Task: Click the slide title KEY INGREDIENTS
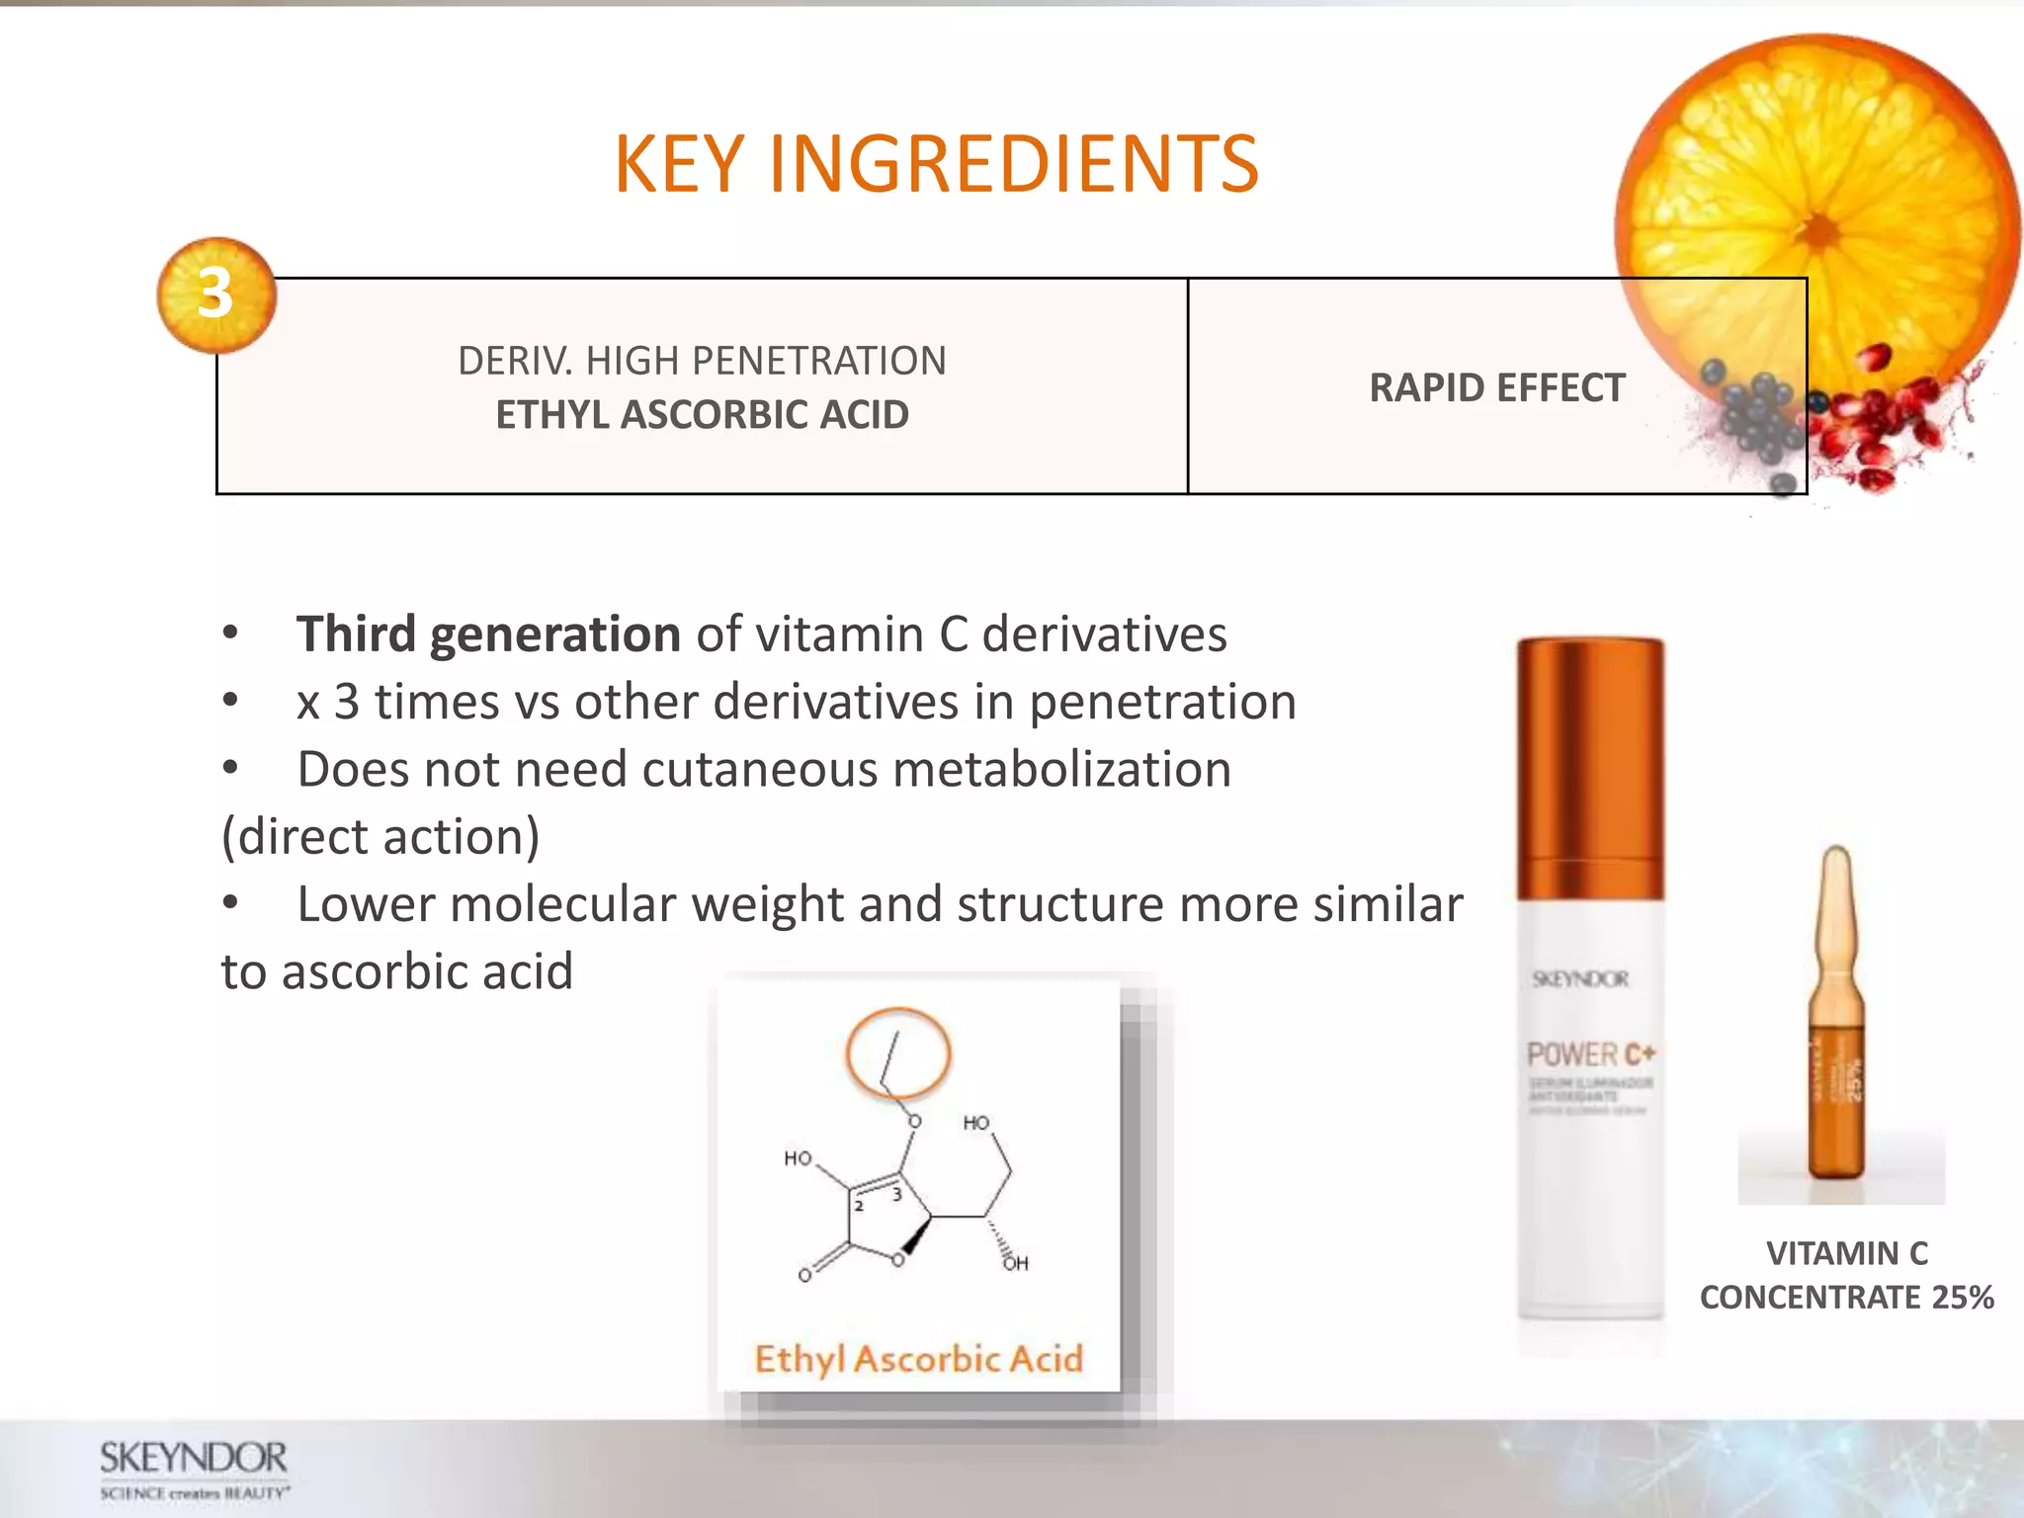[936, 164]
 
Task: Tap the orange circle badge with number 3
[216, 295]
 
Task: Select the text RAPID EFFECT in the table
[1496, 387]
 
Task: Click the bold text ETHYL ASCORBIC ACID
[702, 415]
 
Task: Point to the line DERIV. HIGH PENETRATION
[702, 361]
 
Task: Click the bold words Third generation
[488, 634]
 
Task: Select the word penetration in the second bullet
[1162, 703]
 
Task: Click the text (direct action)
[380, 837]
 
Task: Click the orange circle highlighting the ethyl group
[898, 1054]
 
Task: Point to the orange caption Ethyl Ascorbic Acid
[919, 1359]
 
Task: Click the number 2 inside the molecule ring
[859, 1206]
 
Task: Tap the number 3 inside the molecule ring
[896, 1195]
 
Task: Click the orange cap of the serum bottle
[1590, 766]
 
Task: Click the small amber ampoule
[1837, 1018]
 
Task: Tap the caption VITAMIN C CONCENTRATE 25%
[1846, 1275]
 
